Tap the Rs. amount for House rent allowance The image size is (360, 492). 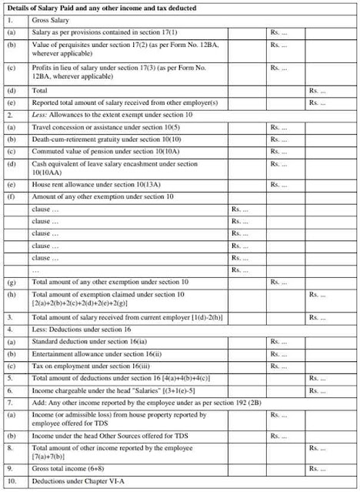(x=278, y=184)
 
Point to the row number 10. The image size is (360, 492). (x=10, y=482)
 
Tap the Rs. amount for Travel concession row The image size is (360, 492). (x=278, y=126)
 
